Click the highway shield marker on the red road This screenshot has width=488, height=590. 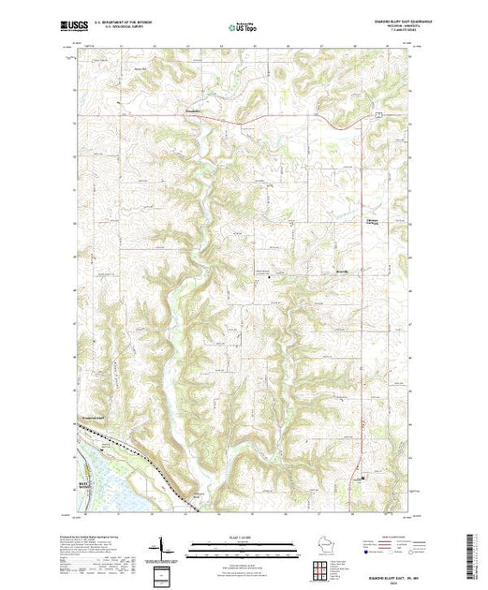point(378,113)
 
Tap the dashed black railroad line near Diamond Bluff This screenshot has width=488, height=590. point(140,468)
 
